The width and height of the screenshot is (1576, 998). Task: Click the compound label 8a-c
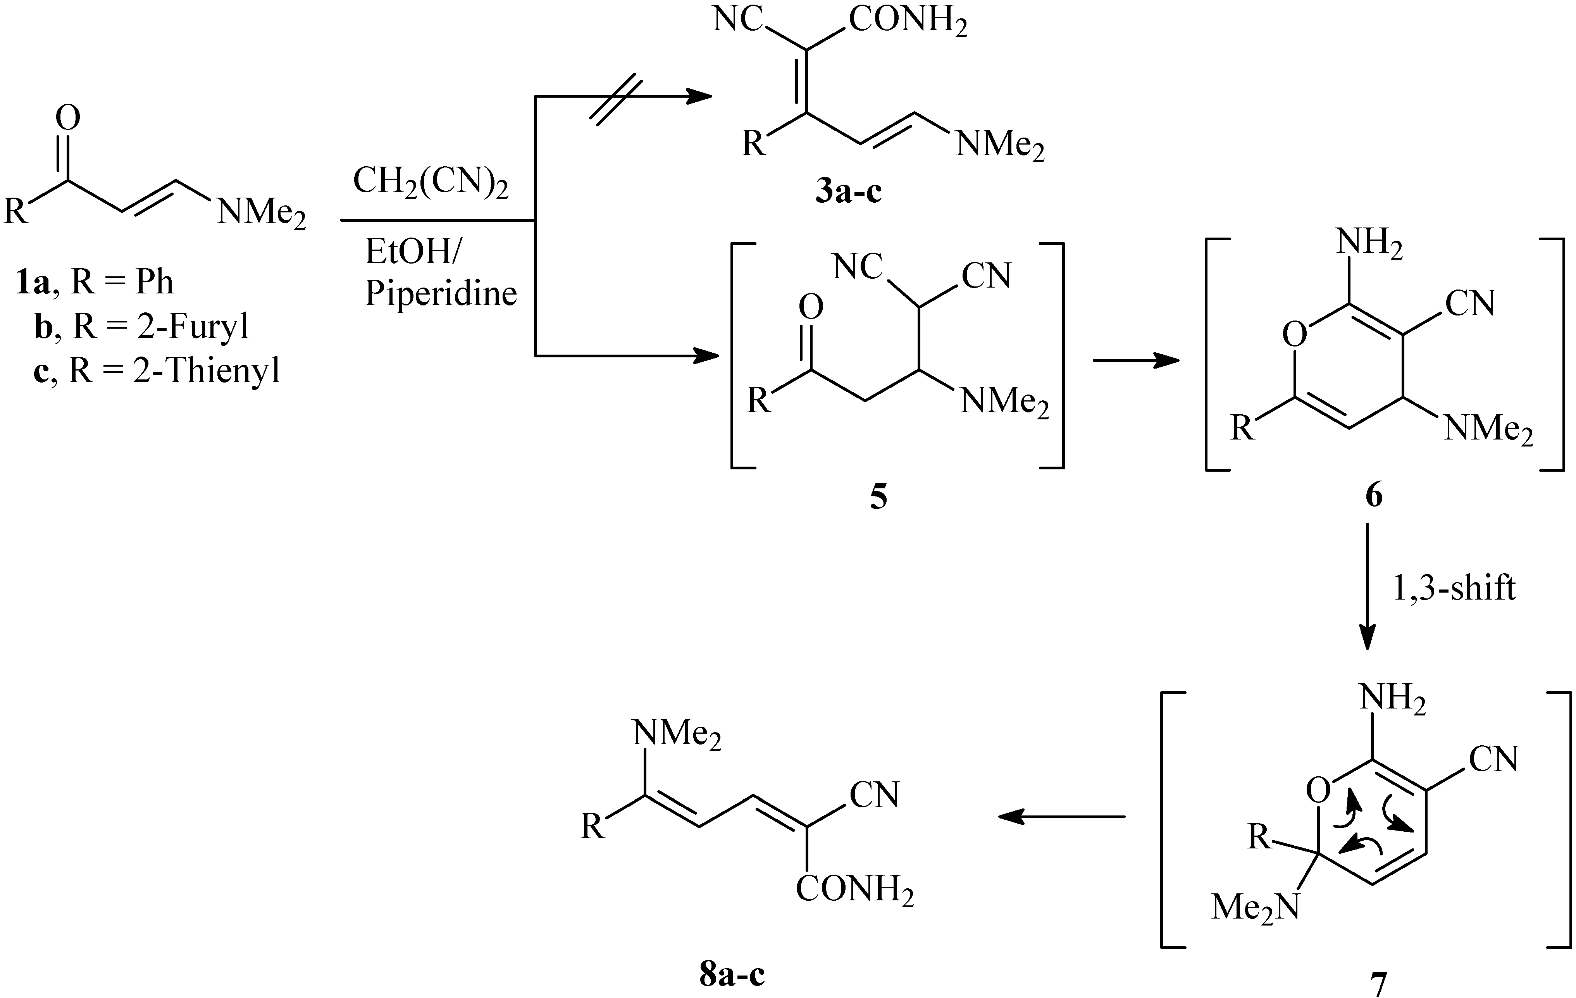(x=732, y=974)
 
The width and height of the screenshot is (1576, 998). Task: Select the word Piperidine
(x=441, y=293)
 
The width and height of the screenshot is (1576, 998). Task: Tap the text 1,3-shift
(x=1453, y=588)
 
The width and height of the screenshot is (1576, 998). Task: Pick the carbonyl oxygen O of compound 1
(x=67, y=119)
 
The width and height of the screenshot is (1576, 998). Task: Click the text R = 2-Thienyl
(x=174, y=371)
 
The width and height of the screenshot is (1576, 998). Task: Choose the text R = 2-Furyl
(x=160, y=326)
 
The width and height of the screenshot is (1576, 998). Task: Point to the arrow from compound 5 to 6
(x=1135, y=360)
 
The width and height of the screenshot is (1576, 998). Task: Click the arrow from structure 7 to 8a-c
(x=1060, y=816)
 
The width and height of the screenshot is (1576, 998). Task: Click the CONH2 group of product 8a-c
(x=854, y=890)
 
